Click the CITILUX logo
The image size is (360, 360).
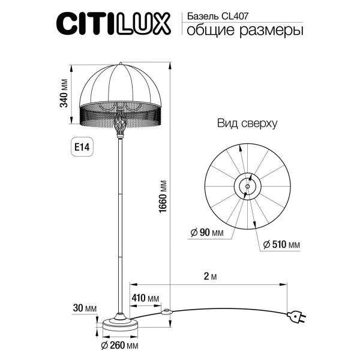(x=115, y=24)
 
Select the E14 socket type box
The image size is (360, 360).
(x=83, y=146)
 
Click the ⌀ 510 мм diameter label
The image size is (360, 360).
(x=281, y=245)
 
